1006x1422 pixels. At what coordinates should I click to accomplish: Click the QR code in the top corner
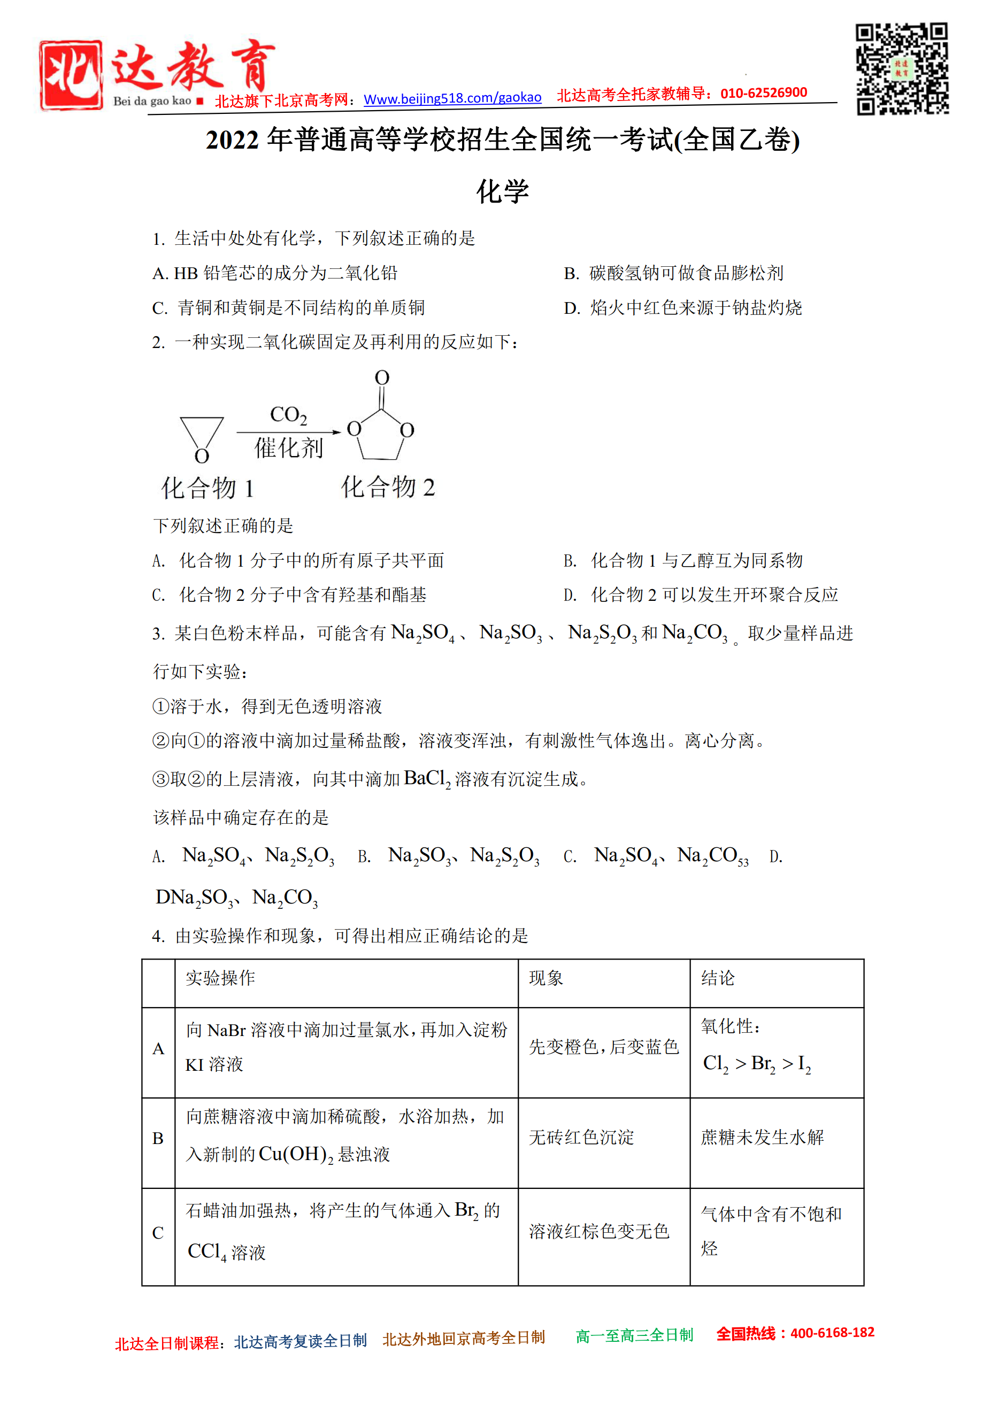[x=901, y=69]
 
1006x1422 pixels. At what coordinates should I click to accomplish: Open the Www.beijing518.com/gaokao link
[x=452, y=98]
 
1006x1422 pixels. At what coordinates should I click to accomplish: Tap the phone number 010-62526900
[x=763, y=93]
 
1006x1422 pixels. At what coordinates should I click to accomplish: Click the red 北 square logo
[x=71, y=75]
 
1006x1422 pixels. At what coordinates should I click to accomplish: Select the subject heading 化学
[x=502, y=191]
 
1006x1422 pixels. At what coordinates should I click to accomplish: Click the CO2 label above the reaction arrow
[x=288, y=414]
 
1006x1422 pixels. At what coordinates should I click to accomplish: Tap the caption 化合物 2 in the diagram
[x=388, y=487]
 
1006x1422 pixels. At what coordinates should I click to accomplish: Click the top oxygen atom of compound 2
[x=382, y=377]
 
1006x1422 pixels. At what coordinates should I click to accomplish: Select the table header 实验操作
[x=220, y=978]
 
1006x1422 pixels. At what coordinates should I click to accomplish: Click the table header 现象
[x=546, y=978]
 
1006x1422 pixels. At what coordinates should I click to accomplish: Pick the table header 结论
[x=717, y=978]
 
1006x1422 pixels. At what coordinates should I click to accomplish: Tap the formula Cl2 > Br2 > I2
[x=756, y=1063]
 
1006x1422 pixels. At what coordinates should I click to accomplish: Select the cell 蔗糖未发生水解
[x=762, y=1137]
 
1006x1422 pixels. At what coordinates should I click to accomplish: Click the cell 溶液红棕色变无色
[x=599, y=1231]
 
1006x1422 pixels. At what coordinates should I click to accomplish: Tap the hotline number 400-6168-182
[x=832, y=1332]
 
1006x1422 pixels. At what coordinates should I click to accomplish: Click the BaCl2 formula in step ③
[x=427, y=778]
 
